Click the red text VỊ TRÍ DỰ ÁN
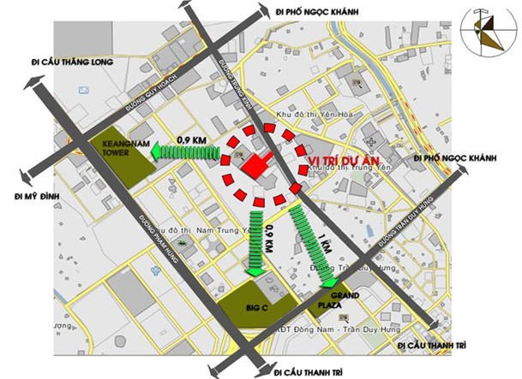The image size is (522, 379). pyautogui.click(x=342, y=161)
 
